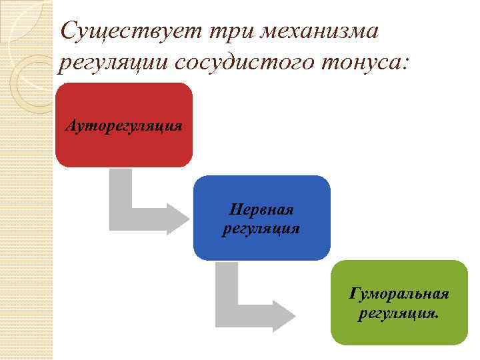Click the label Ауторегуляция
(124, 125)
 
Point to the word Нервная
(261, 210)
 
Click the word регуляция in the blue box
(261, 228)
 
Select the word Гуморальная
(399, 294)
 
